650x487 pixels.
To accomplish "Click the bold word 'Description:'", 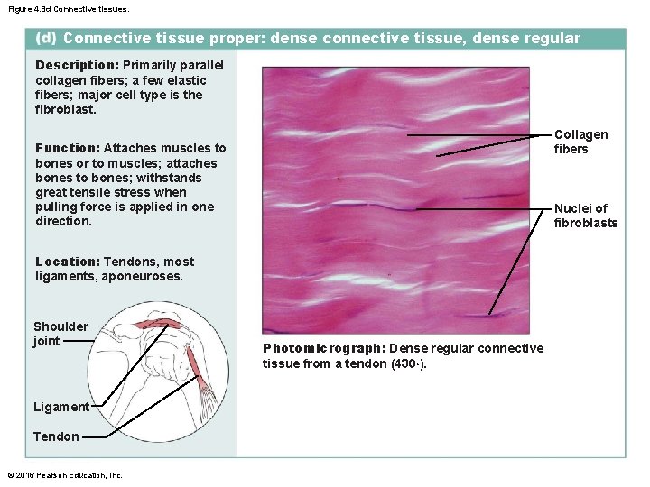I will pos(77,66).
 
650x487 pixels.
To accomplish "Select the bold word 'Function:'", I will pos(68,148).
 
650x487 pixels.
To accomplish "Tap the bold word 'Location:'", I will pos(67,262).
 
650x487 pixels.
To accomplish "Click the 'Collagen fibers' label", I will pos(580,142).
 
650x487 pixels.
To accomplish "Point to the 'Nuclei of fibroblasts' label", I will pos(586,216).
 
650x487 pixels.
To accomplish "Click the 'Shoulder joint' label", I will pos(60,334).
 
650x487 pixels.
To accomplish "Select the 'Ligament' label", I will pos(60,407).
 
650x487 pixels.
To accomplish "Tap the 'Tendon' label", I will pos(56,436).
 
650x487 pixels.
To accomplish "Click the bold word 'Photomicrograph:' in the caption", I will pos(324,349).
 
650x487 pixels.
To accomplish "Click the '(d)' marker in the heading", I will pos(45,39).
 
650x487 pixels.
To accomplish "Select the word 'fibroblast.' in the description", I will pos(65,109).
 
